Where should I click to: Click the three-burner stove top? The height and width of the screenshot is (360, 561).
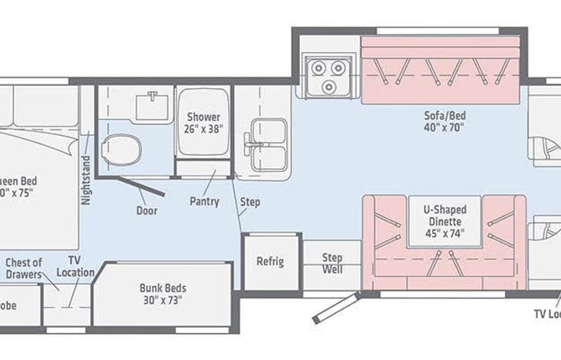pos(327,75)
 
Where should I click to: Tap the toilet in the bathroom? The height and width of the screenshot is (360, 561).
pos(122,146)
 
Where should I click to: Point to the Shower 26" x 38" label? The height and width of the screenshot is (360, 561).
pos(204,123)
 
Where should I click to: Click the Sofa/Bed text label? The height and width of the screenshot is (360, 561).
pos(445,116)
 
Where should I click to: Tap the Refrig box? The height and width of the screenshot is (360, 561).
pos(270,262)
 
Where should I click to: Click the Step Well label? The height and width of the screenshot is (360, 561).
pos(332,263)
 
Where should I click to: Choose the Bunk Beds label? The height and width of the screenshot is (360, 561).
pos(163,289)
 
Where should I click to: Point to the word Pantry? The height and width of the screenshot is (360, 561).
pos(204,202)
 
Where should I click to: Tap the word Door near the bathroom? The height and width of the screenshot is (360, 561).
pos(147,210)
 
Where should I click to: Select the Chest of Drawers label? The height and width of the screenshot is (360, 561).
pos(24,269)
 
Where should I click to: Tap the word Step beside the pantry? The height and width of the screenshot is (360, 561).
pos(249,203)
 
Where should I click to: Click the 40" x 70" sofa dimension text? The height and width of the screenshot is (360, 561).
pos(445,128)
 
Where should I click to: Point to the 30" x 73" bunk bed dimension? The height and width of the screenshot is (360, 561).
pos(163,300)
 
